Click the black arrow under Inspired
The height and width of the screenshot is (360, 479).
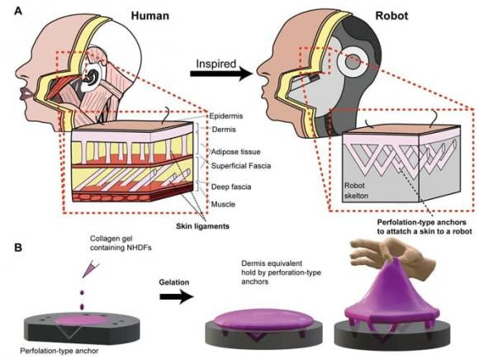[x=221, y=73]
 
